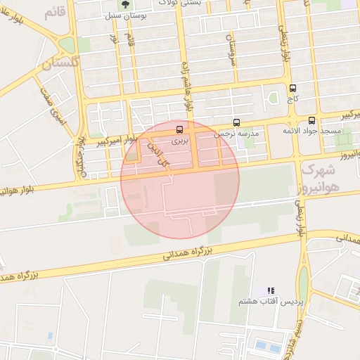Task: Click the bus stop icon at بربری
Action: pos(181,129)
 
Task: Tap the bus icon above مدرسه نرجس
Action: pos(236,122)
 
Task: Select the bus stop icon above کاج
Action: pos(292,88)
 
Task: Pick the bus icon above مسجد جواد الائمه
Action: pos(312,120)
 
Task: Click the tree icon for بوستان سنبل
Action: pos(125,4)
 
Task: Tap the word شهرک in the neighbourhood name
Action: pos(315,170)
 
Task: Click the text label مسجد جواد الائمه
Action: pos(311,131)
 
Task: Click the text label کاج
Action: pos(292,100)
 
